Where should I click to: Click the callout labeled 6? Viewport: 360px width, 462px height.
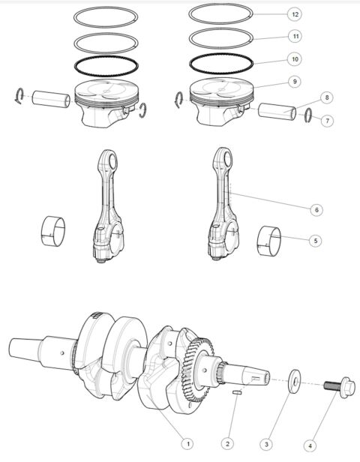tap(317, 209)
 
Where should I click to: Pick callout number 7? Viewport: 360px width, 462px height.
tap(327, 119)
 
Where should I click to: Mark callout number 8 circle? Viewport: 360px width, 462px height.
tap(327, 98)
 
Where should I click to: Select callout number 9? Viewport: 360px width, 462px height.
tap(295, 80)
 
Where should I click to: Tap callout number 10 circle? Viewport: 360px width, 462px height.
tap(295, 58)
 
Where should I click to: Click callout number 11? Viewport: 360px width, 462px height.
tap(295, 36)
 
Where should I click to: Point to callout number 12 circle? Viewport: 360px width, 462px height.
tap(295, 14)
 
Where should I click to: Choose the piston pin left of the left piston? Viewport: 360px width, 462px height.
tap(50, 99)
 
